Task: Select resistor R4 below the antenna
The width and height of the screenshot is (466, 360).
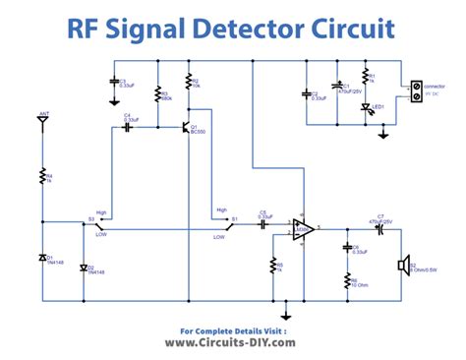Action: tap(42, 178)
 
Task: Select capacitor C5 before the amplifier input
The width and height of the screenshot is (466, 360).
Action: tap(263, 223)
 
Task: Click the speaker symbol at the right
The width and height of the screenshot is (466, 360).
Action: tap(402, 265)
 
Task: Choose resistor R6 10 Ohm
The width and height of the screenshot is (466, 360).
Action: tap(346, 281)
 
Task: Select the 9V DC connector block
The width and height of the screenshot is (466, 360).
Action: tap(416, 91)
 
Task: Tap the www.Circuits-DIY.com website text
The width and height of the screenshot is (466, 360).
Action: tap(232, 344)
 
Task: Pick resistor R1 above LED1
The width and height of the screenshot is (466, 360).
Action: tap(367, 76)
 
